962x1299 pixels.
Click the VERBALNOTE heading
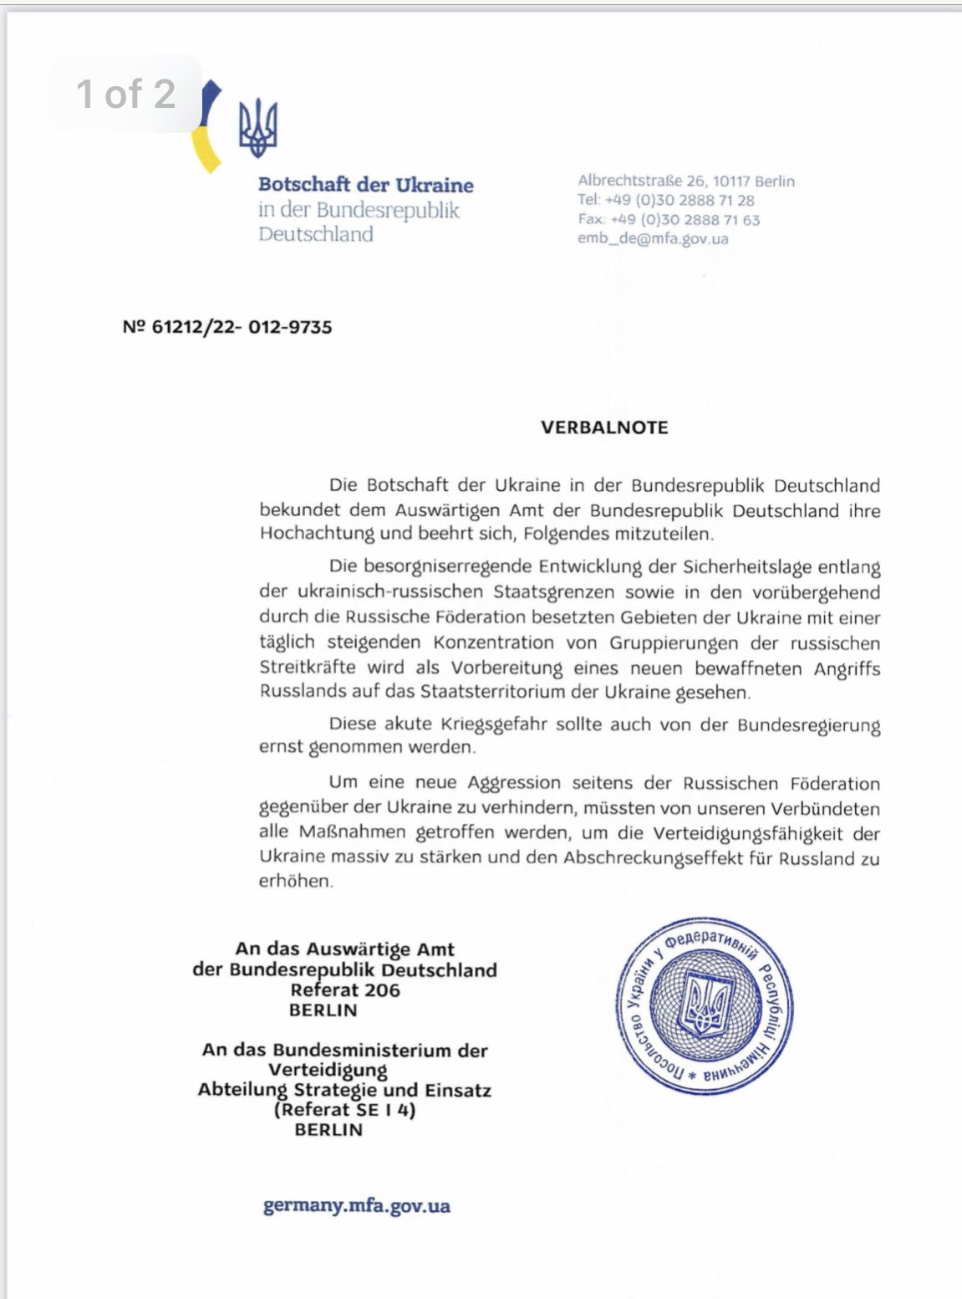[x=604, y=427]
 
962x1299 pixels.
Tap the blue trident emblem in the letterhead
[x=257, y=128]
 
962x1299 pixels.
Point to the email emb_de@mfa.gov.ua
[x=653, y=238]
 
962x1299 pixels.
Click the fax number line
[x=669, y=219]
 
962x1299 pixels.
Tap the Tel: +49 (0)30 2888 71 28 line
[x=665, y=200]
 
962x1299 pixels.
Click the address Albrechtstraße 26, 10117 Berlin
[x=686, y=181]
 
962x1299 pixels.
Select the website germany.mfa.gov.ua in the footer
[x=357, y=1205]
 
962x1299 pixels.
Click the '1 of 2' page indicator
[x=126, y=94]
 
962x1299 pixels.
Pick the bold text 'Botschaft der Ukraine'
[x=365, y=185]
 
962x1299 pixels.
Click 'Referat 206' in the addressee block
[x=345, y=990]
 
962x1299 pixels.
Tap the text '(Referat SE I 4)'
[x=344, y=1110]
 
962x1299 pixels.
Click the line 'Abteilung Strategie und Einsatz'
[x=344, y=1090]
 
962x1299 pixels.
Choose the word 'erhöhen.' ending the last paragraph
[x=296, y=882]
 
